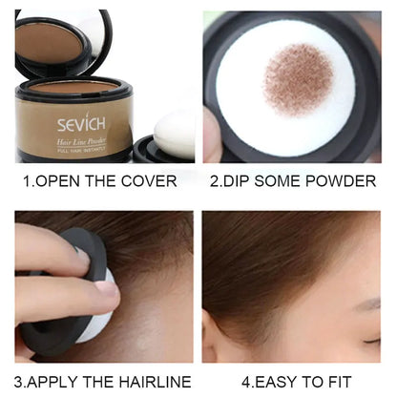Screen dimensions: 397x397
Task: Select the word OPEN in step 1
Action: coord(66,181)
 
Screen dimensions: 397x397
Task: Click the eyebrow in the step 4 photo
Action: coord(366,306)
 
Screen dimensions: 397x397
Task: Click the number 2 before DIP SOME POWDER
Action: coord(216,181)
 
